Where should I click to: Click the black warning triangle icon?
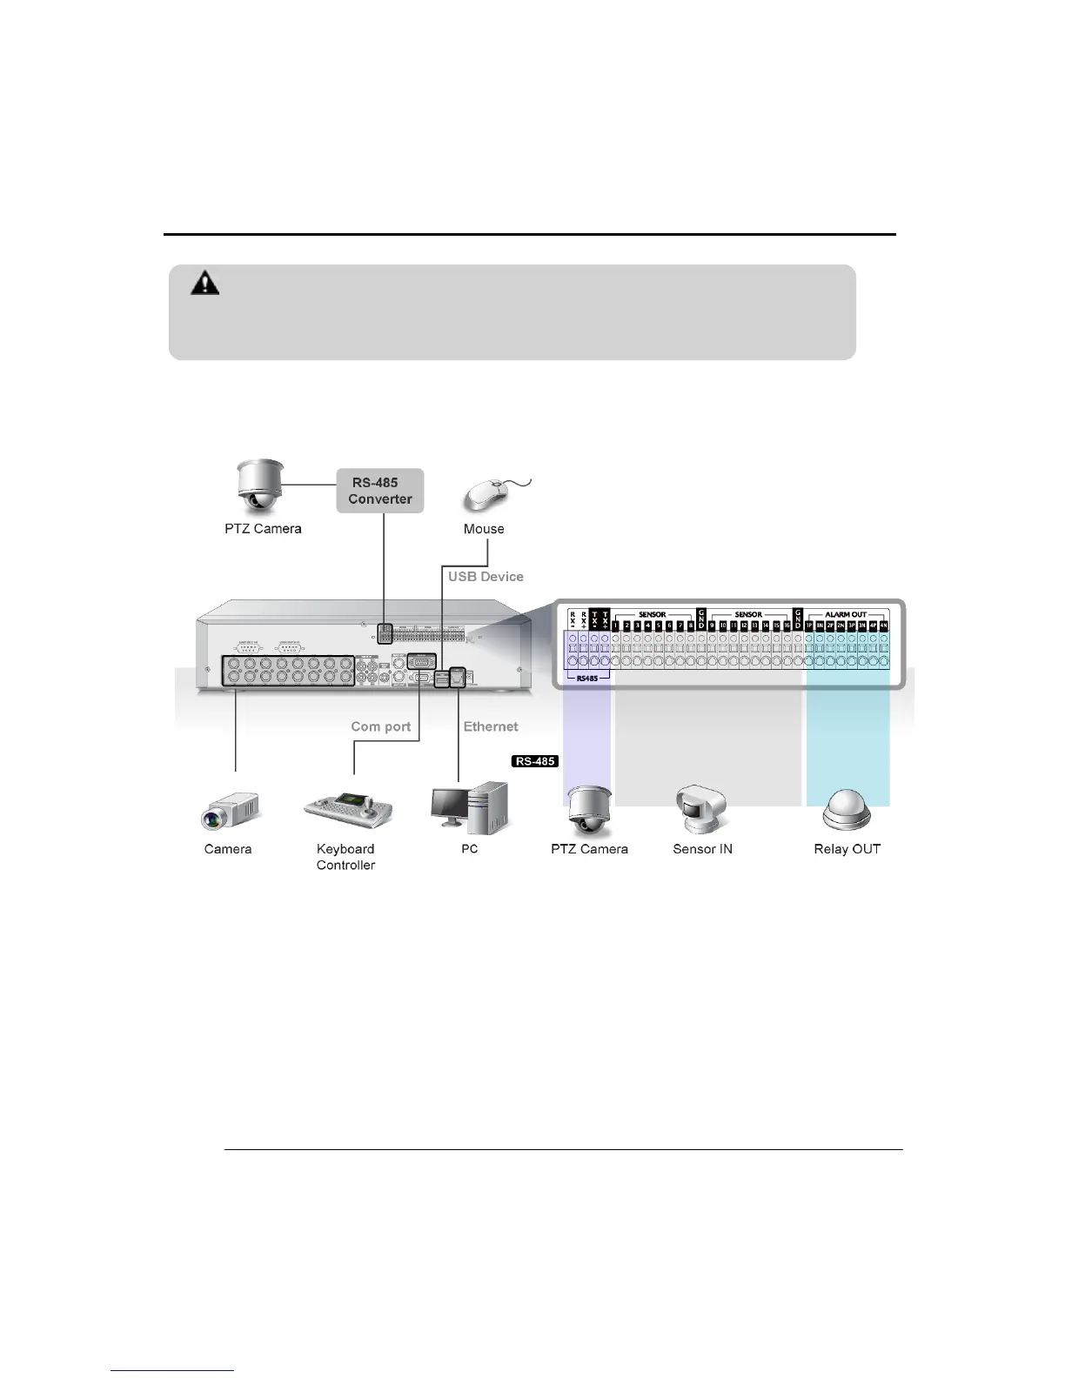point(205,283)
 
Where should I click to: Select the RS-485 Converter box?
point(380,491)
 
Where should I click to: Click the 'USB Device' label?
point(486,577)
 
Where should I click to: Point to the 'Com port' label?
point(380,726)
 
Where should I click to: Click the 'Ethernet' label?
point(491,726)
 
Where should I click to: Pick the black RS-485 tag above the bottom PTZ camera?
point(535,761)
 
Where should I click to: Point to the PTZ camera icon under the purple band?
point(589,810)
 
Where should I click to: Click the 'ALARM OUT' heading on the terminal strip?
point(846,615)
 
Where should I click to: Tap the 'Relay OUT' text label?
point(847,849)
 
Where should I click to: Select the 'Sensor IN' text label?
point(702,849)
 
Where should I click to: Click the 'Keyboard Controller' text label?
point(345,857)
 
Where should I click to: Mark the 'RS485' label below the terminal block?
point(587,679)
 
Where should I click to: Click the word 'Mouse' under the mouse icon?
point(484,529)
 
